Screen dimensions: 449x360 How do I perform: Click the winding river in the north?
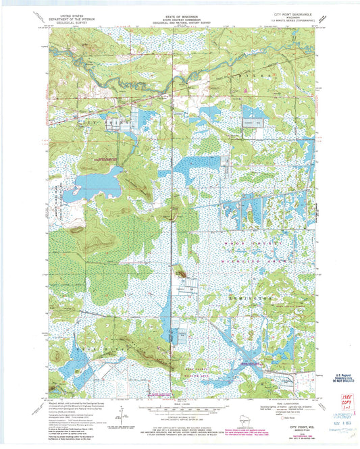(x=122, y=80)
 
